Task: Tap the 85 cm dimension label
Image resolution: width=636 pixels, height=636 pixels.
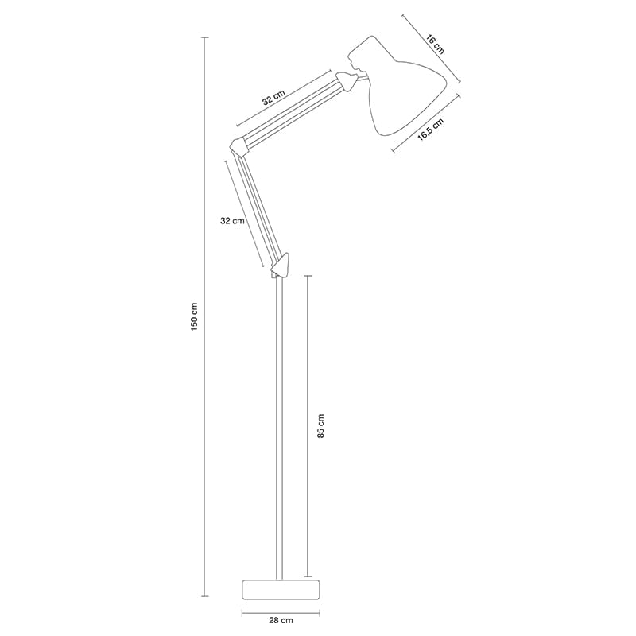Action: click(320, 426)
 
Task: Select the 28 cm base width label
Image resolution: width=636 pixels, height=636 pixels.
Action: click(281, 619)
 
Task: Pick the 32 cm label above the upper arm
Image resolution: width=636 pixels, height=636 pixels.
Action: click(273, 99)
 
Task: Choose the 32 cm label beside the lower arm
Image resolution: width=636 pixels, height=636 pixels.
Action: click(232, 221)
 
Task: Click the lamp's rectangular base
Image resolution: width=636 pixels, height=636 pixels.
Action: click(281, 589)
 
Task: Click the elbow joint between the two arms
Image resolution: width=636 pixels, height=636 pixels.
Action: click(237, 146)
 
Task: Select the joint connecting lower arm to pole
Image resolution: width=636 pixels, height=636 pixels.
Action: click(281, 265)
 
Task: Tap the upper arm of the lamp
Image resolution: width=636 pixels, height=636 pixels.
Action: click(291, 112)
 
